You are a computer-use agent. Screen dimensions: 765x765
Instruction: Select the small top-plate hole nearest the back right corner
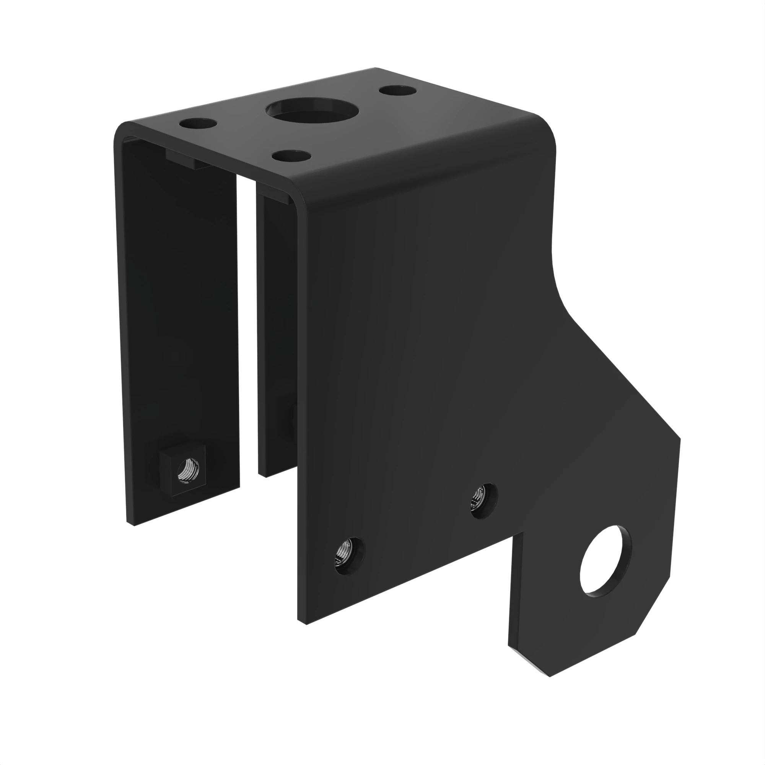[x=397, y=91]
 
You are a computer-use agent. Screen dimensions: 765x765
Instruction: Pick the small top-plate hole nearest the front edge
[x=292, y=155]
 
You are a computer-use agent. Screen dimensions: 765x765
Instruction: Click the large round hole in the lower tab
[x=605, y=562]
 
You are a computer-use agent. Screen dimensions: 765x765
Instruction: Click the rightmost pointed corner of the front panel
[x=679, y=439]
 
